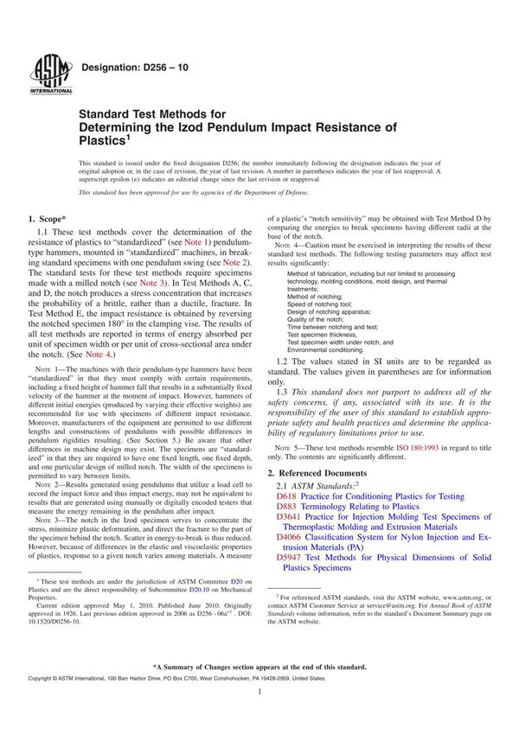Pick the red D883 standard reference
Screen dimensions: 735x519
287,510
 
